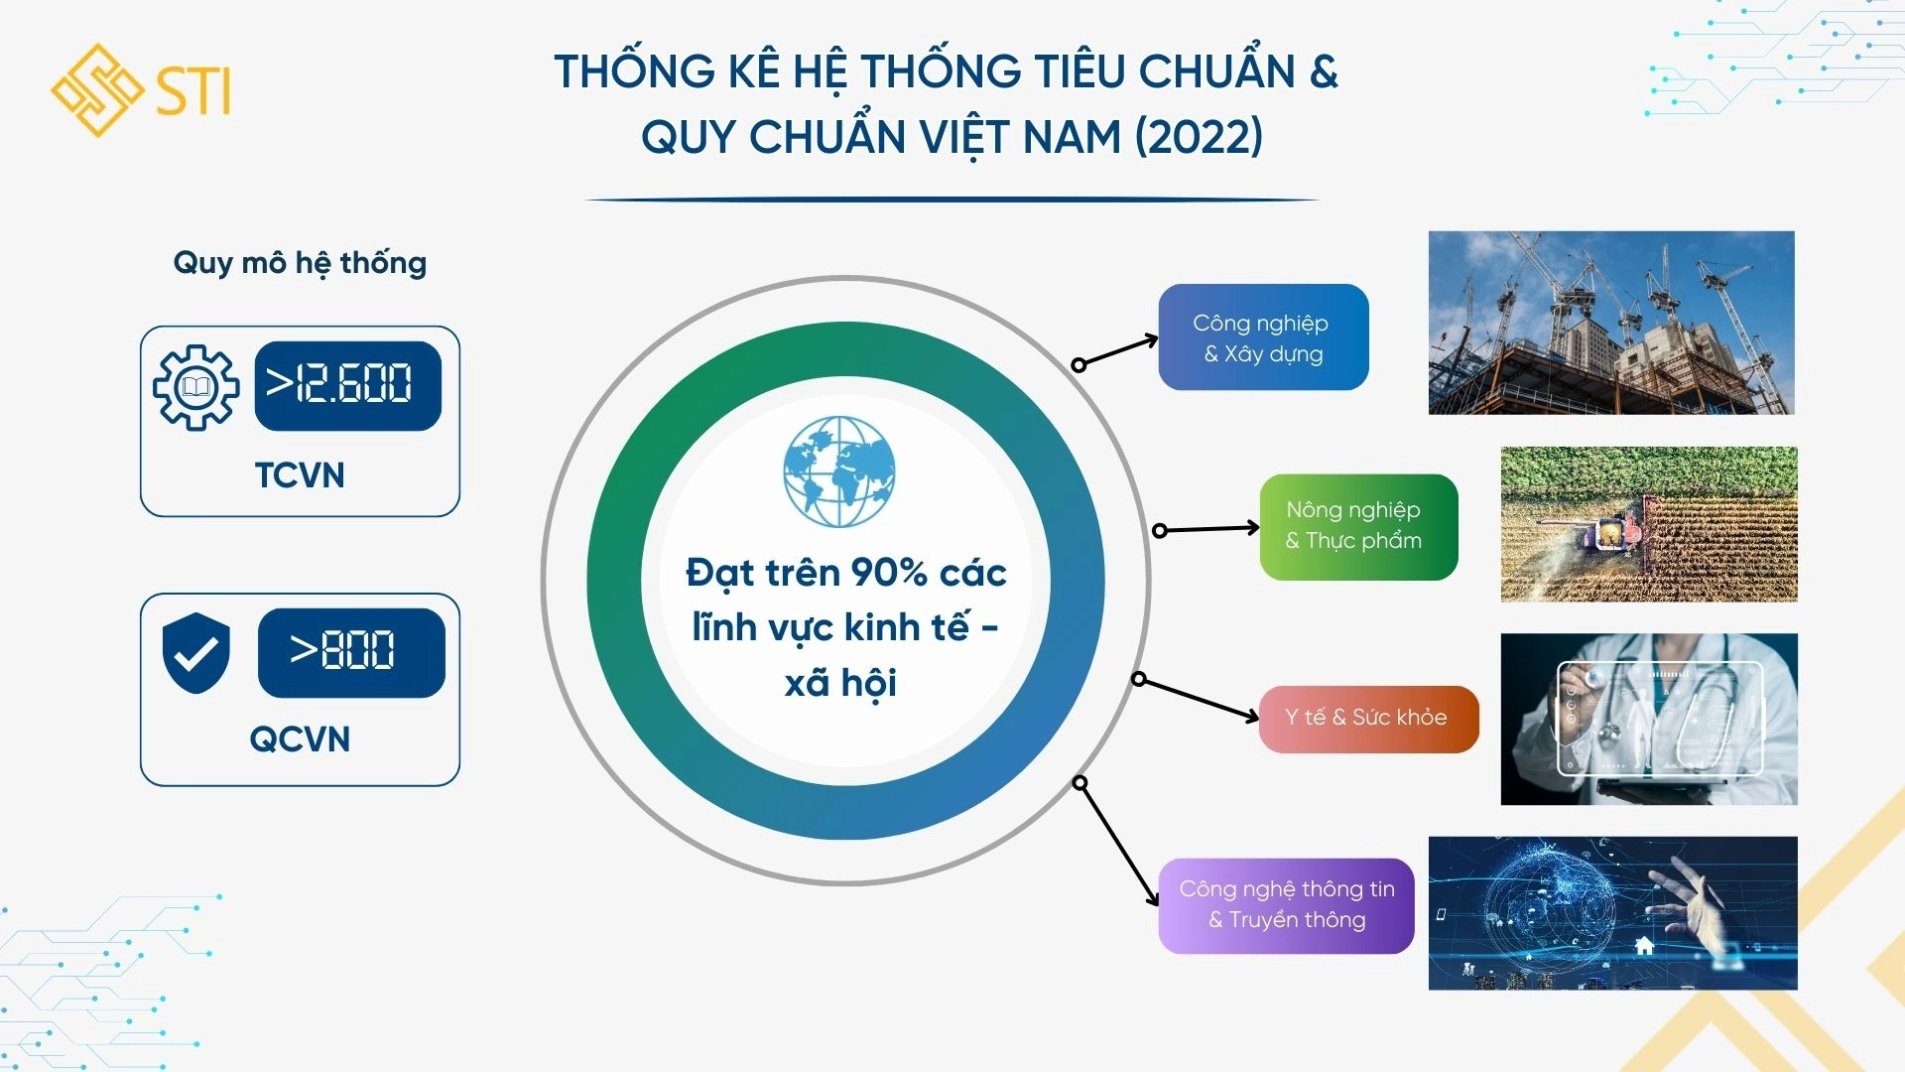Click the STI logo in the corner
pyautogui.click(x=141, y=90)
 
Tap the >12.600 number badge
pyautogui.click(x=347, y=385)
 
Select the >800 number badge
pyautogui.click(x=350, y=652)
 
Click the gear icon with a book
pyautogui.click(x=195, y=387)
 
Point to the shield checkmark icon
pyautogui.click(x=195, y=652)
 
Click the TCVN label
pyautogui.click(x=299, y=475)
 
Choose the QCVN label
pyautogui.click(x=299, y=739)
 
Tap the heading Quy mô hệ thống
pyautogui.click(x=300, y=263)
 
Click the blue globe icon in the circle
pyautogui.click(x=839, y=471)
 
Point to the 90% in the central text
pyautogui.click(x=888, y=573)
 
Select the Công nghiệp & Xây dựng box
pyautogui.click(x=1263, y=337)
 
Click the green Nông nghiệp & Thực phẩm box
pyautogui.click(x=1357, y=526)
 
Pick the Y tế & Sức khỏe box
pyautogui.click(x=1367, y=718)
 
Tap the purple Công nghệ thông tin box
pyautogui.click(x=1286, y=905)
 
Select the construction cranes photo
pyautogui.click(x=1611, y=323)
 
